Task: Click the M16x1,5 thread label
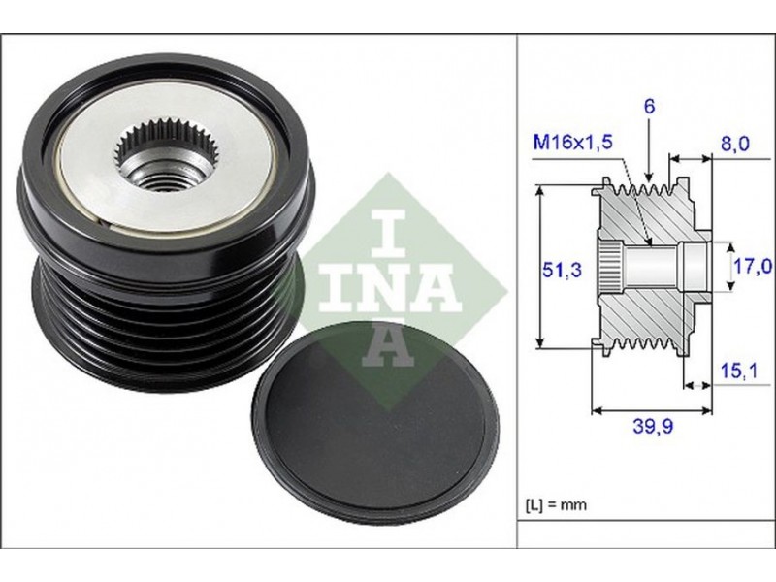(x=572, y=143)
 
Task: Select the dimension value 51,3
(x=562, y=270)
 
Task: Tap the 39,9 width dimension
(x=653, y=425)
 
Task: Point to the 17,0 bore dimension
(x=753, y=267)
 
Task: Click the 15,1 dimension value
(x=738, y=371)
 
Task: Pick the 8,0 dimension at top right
(x=734, y=144)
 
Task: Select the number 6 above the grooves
(x=649, y=107)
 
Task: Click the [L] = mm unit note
(x=555, y=504)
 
